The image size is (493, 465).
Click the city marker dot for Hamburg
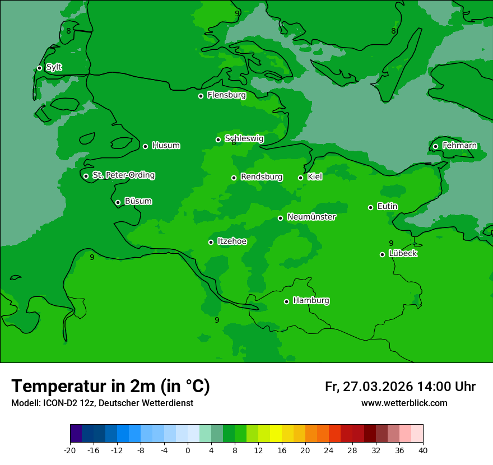[x=286, y=301]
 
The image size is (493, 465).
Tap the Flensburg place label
[x=226, y=95]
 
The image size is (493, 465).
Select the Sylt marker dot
[x=39, y=68]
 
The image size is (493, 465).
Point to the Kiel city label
[x=315, y=177]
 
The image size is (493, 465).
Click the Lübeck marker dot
[x=382, y=254]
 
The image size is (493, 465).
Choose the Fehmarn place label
[x=459, y=146]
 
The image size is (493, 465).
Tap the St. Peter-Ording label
[x=123, y=175]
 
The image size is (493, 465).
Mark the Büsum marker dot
[x=118, y=203]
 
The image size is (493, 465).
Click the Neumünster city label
[x=311, y=217]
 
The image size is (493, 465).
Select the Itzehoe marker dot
[x=211, y=242]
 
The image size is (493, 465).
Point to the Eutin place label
[x=387, y=207]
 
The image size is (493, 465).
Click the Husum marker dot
[x=145, y=146]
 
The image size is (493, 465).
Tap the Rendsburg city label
[x=262, y=177]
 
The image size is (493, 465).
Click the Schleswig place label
[x=244, y=138]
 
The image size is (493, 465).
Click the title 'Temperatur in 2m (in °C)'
[x=110, y=386]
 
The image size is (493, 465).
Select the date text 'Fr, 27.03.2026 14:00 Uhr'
[x=400, y=387]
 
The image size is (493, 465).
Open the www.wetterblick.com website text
[x=404, y=403]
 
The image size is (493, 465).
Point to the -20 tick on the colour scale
[x=70, y=450]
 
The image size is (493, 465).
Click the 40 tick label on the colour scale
[x=423, y=450]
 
